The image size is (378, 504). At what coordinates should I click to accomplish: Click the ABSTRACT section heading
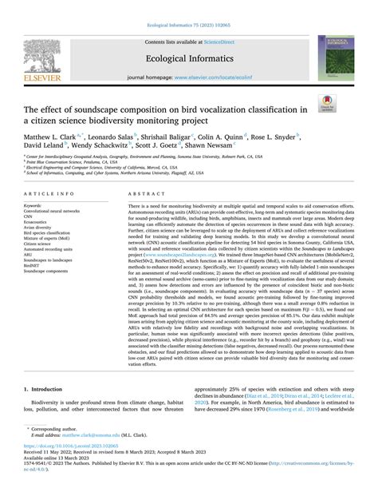click(x=148, y=193)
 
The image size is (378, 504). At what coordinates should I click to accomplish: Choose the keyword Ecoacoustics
click(x=40, y=220)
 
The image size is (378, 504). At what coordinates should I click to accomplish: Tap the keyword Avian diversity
click(x=41, y=227)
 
